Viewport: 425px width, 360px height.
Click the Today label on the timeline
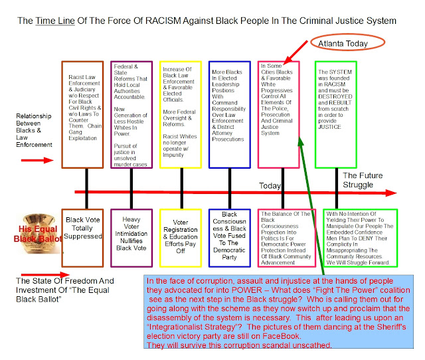272,185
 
